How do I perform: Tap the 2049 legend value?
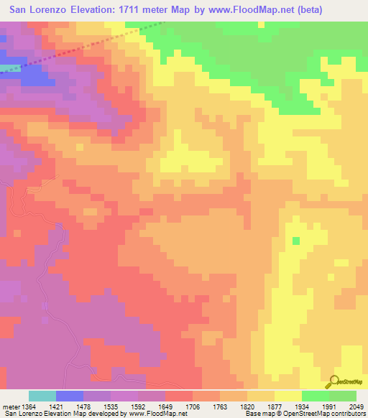pos(357,406)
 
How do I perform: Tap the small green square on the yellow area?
pos(295,241)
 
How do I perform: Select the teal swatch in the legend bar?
pos(42,396)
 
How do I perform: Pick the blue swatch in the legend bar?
pos(70,396)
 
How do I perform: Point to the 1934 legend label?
pos(275,406)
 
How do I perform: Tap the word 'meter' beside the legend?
pos(9,406)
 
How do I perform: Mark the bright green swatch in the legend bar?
pos(316,396)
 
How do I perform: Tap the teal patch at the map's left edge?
pos(7,69)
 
